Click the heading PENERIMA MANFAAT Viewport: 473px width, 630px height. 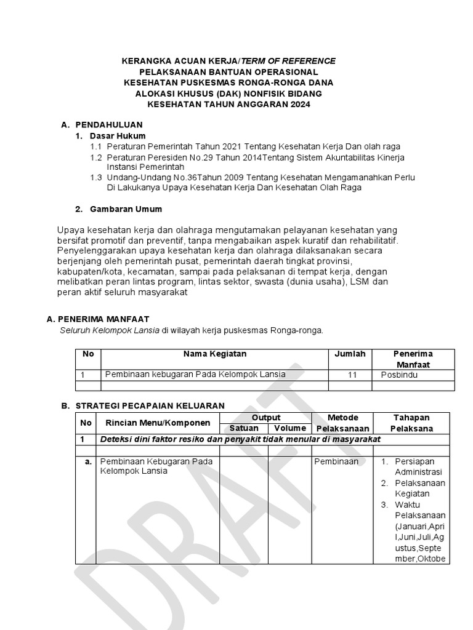pos(103,319)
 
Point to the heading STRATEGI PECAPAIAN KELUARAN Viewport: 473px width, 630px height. pos(150,405)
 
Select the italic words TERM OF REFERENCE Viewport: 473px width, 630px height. pos(288,60)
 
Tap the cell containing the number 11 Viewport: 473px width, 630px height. pos(352,374)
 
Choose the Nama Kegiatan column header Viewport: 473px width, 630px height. pos(214,354)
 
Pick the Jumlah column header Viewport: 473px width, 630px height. pos(350,354)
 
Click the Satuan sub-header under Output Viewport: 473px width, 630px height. pos(244,428)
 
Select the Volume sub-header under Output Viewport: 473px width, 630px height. pos(290,428)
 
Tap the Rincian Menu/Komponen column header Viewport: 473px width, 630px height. pos(158,423)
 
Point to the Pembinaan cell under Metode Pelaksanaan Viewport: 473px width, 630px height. pos(336,461)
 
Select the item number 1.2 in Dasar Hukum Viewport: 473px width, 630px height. pos(96,158)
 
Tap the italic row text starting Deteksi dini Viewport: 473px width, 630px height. pos(240,439)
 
